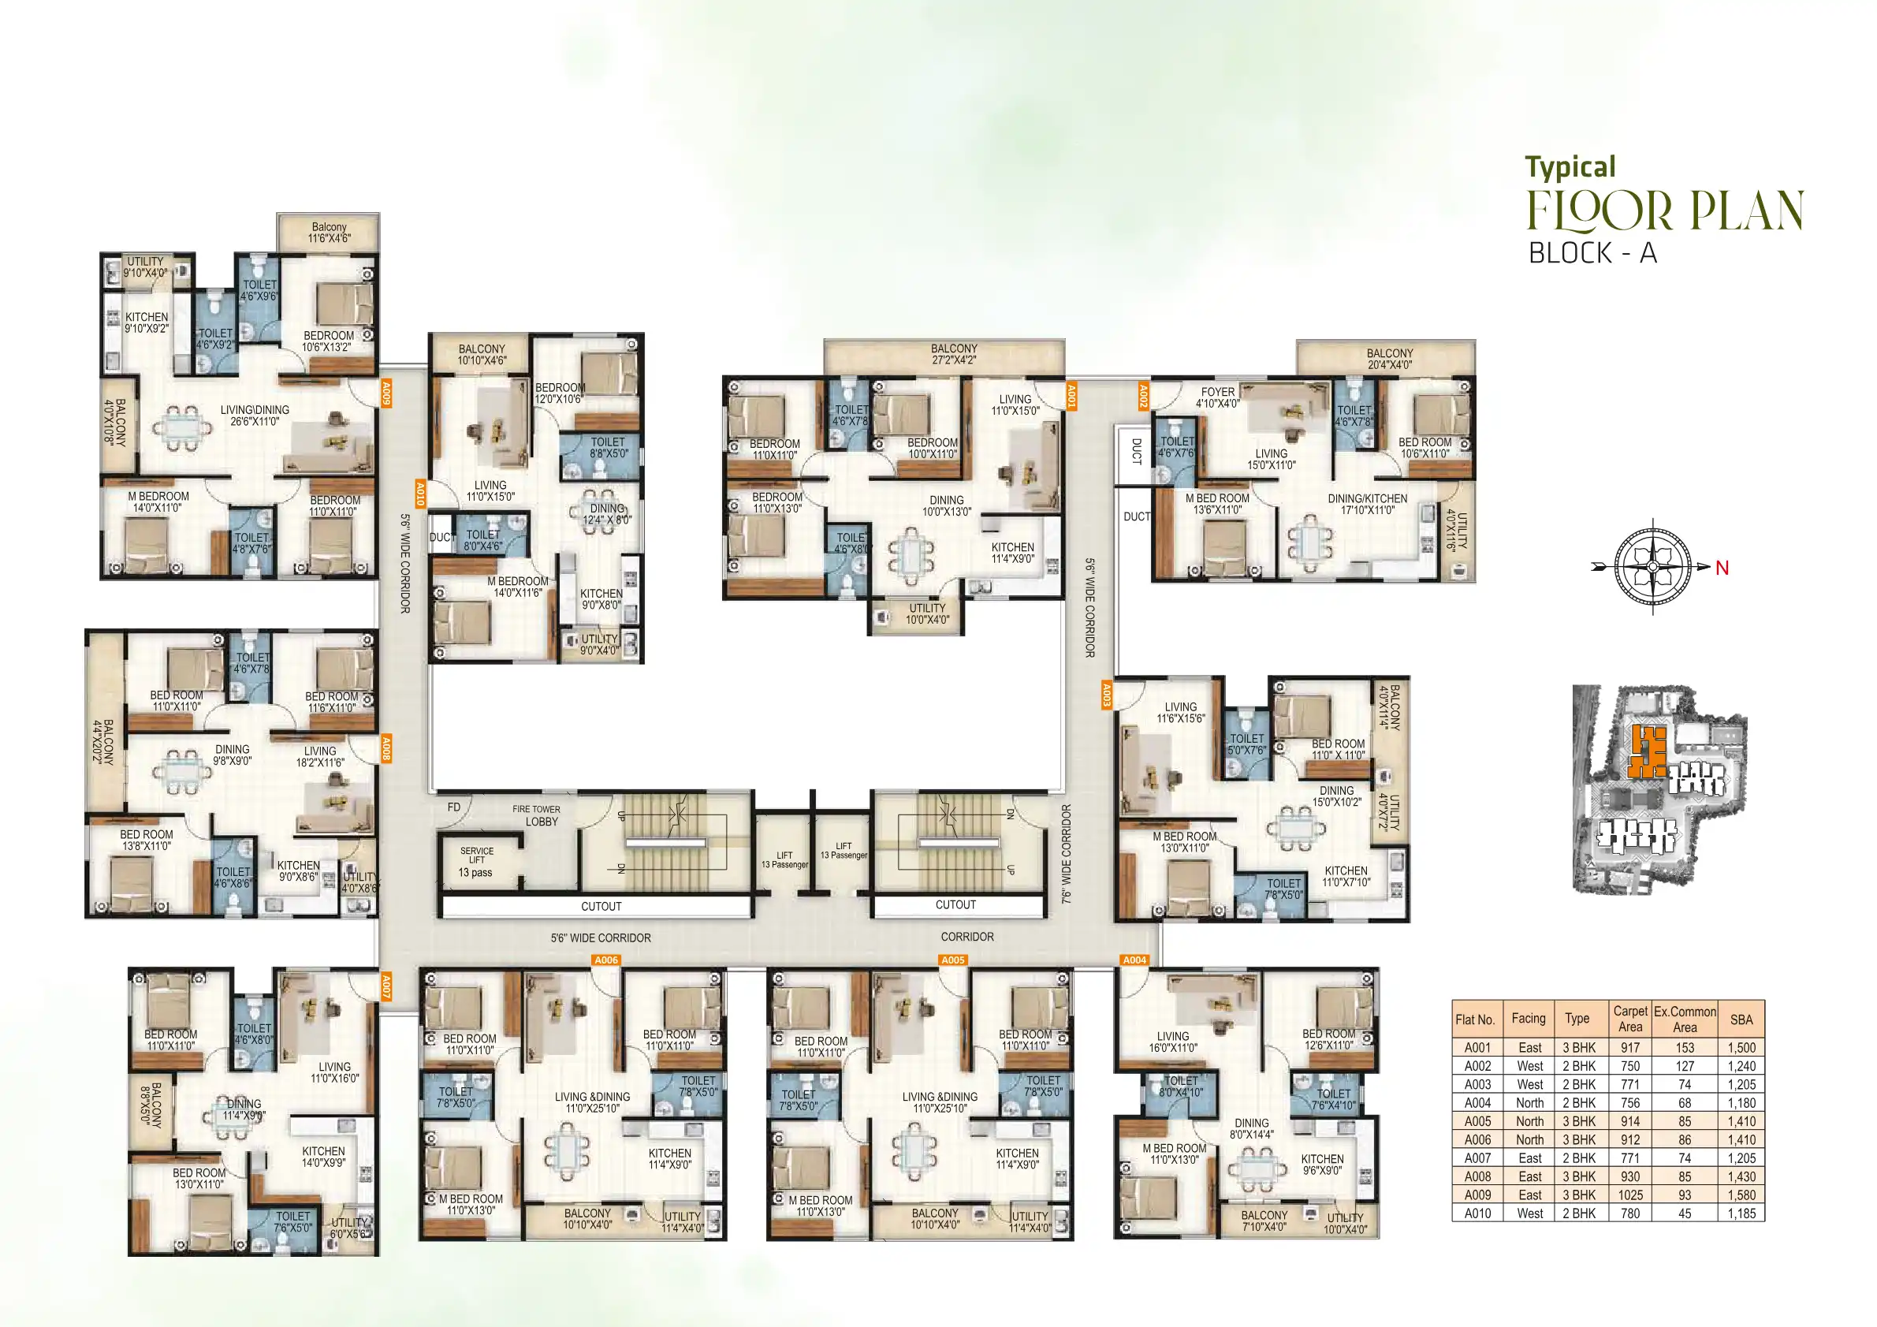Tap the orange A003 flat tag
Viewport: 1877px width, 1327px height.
(x=1106, y=695)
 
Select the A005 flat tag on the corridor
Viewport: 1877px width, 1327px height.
(x=952, y=960)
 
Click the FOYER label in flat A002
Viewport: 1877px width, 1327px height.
(x=1217, y=397)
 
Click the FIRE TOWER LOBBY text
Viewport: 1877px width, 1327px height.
(x=537, y=815)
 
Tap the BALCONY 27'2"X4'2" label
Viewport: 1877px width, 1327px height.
(x=953, y=354)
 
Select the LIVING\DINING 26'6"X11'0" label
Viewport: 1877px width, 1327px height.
(x=255, y=416)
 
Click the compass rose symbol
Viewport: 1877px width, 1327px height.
(x=1652, y=566)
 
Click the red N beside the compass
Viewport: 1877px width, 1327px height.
(x=1722, y=568)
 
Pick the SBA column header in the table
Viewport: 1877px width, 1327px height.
(x=1741, y=1019)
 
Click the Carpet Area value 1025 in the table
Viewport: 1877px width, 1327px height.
(x=1629, y=1195)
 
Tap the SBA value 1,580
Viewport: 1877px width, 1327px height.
(x=1741, y=1195)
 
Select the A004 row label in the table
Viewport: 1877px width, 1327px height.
(x=1477, y=1103)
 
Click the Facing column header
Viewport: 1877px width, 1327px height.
(x=1528, y=1018)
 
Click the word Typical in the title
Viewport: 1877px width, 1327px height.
(x=1570, y=167)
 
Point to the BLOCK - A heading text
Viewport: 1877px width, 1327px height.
(x=1592, y=253)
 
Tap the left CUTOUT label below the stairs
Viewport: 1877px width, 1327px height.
(x=601, y=906)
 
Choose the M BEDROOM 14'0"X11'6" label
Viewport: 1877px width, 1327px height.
(x=517, y=587)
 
